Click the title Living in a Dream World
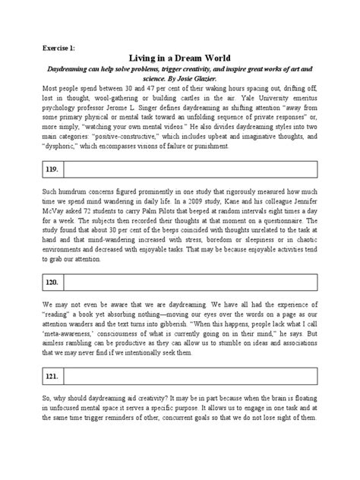click(179, 57)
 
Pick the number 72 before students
click(131, 213)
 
